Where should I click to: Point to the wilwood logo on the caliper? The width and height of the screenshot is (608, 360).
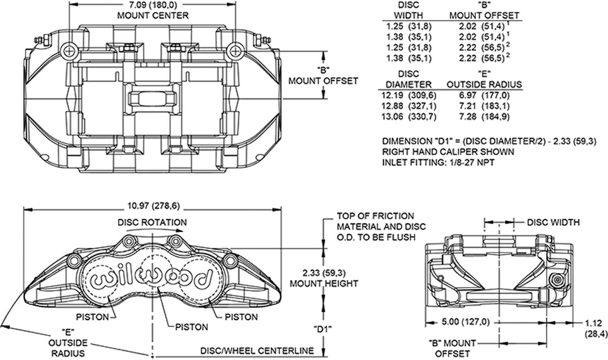(x=151, y=277)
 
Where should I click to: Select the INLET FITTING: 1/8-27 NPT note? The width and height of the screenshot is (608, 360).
(x=438, y=163)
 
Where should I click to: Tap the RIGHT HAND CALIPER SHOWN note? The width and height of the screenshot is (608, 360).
(x=447, y=152)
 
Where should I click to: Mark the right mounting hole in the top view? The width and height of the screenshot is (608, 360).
(x=236, y=50)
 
